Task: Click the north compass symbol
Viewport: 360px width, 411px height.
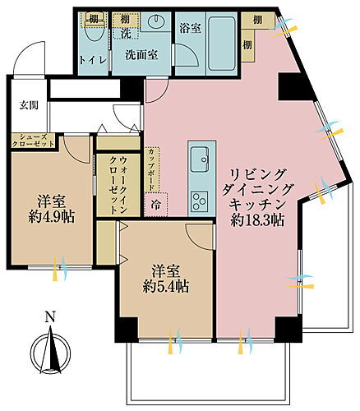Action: click(49, 346)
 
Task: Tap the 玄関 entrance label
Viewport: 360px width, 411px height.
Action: click(29, 104)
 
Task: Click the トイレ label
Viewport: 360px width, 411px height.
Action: click(90, 58)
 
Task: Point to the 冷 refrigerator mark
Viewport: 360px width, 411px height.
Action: click(155, 201)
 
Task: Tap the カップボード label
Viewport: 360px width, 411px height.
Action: click(153, 168)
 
